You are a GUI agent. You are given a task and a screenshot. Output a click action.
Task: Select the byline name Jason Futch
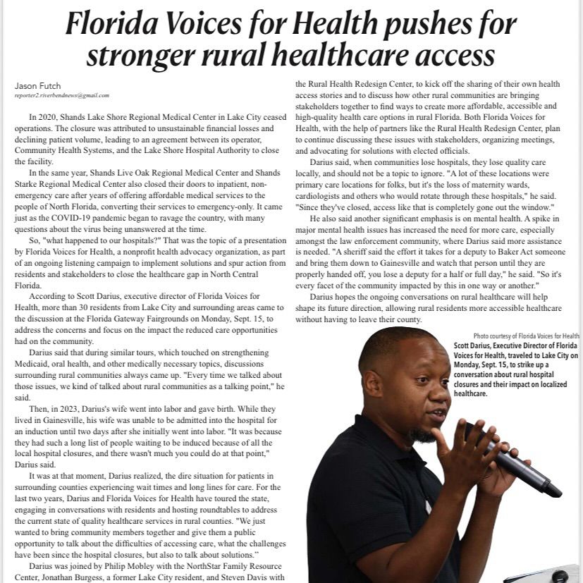tap(38, 86)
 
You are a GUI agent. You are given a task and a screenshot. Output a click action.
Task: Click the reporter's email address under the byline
tap(62, 95)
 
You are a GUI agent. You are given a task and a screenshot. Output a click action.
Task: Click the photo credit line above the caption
tap(527, 336)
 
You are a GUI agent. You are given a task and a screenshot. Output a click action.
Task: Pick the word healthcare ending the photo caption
tap(470, 394)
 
